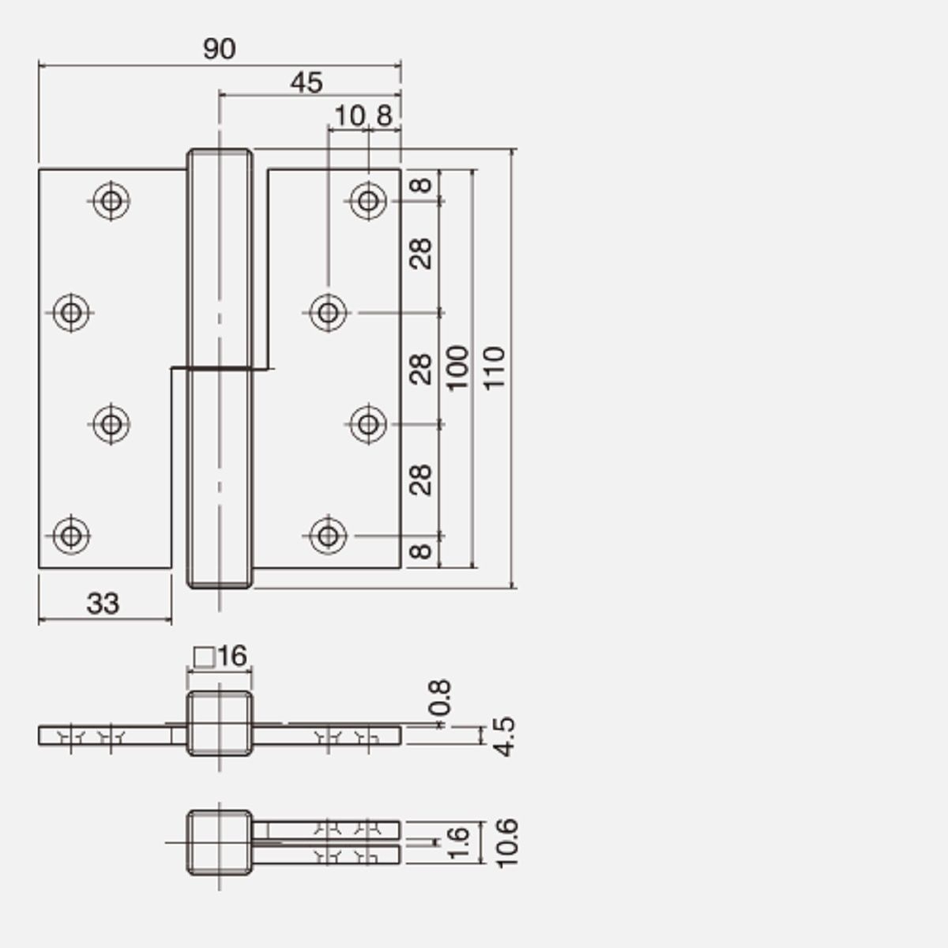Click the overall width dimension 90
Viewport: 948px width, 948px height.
(x=220, y=49)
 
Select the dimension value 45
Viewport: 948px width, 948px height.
(x=307, y=83)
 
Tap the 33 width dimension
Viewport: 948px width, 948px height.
(x=103, y=604)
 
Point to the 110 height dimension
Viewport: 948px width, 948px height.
(x=495, y=368)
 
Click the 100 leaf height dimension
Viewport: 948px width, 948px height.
(x=457, y=368)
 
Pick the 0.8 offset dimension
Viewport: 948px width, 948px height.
(x=439, y=698)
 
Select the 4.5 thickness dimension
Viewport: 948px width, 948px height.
(x=504, y=736)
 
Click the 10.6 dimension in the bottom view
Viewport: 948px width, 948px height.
(x=506, y=843)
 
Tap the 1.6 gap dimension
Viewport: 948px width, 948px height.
(x=458, y=843)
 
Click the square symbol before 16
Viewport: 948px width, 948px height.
(x=204, y=657)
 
